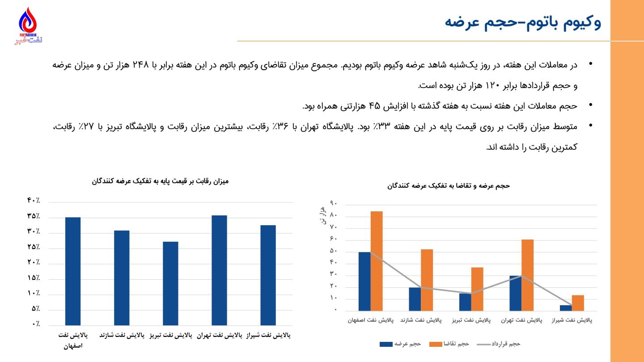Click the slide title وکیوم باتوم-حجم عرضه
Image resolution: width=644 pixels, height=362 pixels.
(x=523, y=22)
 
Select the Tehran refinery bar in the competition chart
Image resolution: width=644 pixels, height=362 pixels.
(x=219, y=270)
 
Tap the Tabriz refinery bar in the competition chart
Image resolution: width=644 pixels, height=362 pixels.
(x=170, y=283)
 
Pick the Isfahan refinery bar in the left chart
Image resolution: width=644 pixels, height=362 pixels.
(x=73, y=271)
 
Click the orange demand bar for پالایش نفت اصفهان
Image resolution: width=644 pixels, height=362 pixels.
(x=377, y=261)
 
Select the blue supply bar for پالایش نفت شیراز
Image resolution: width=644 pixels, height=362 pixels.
(x=566, y=308)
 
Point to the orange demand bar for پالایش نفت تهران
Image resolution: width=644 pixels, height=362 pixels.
(x=527, y=275)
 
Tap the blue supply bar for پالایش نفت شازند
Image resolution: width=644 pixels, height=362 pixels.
(x=415, y=299)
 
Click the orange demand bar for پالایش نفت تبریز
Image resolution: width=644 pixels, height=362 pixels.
(x=477, y=289)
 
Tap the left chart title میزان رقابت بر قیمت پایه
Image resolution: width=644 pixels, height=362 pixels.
(x=160, y=181)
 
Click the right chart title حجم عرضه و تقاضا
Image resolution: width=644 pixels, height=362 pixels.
(x=449, y=185)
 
